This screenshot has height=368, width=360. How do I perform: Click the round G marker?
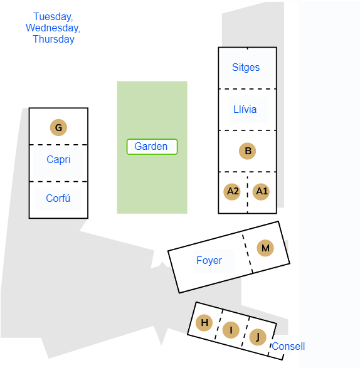click(58, 127)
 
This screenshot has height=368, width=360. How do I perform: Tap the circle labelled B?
click(247, 151)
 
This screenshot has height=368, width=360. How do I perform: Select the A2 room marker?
click(232, 191)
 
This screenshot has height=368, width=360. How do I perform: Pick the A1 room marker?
click(261, 191)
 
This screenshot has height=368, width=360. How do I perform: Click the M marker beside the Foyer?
click(265, 248)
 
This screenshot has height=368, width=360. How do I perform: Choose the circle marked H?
click(204, 323)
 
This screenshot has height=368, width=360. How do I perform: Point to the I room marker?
click(231, 330)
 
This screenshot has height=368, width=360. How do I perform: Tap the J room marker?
click(258, 337)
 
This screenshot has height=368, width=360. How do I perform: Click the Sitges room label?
click(246, 67)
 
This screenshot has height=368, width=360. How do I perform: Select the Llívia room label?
click(245, 109)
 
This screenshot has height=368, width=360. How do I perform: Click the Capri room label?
click(58, 160)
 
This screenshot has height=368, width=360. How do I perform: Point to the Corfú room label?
click(58, 198)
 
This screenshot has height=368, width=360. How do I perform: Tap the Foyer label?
click(209, 261)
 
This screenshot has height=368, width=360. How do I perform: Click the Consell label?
click(289, 347)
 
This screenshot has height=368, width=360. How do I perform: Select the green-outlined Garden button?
click(152, 147)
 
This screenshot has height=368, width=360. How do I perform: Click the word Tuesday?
click(53, 17)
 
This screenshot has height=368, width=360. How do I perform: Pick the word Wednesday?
click(53, 28)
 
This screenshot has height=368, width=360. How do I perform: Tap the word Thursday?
click(53, 39)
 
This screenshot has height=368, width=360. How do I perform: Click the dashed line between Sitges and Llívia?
click(247, 89)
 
